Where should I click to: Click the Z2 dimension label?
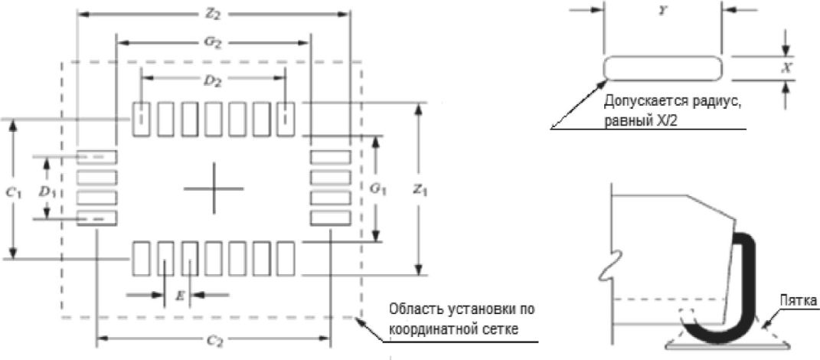click(x=214, y=13)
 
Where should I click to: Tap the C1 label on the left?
click(x=12, y=192)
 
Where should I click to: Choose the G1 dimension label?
click(x=375, y=187)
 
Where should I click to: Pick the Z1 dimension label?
click(x=418, y=188)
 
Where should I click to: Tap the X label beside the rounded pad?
click(x=785, y=67)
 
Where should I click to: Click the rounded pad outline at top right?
click(x=663, y=67)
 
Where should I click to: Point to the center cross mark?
click(x=214, y=188)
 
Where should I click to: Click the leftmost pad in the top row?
click(x=142, y=119)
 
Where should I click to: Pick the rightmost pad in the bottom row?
click(x=286, y=258)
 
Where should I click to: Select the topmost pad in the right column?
click(x=330, y=157)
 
